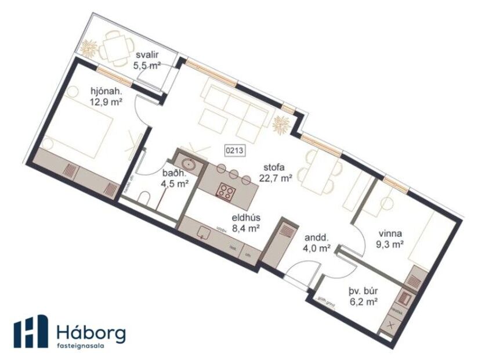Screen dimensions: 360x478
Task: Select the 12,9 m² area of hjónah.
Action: click(x=106, y=102)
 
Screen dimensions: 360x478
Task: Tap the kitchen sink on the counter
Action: click(x=202, y=232)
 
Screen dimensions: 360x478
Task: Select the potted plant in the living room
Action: click(x=282, y=123)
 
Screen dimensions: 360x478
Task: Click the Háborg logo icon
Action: click(x=31, y=332)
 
